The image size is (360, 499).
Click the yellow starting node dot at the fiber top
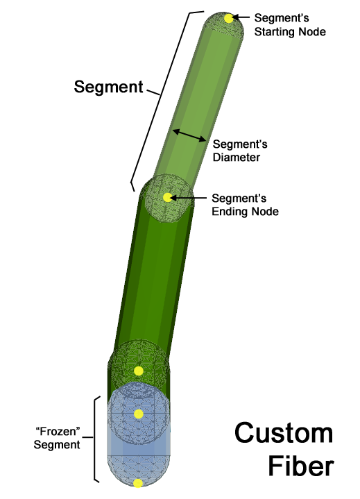229,18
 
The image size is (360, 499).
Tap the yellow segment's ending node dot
167,197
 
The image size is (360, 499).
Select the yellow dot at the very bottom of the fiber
138,484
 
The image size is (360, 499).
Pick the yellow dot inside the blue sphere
138,414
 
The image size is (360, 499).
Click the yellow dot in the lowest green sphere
138,371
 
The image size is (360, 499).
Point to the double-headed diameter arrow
189,135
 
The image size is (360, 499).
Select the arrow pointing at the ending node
188,198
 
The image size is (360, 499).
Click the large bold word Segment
108,87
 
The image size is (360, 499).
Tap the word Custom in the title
284,433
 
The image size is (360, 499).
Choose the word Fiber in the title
301,466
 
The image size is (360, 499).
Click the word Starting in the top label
273,32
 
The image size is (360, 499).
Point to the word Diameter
237,158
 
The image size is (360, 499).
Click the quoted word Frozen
58,432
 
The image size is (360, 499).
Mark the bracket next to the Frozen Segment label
94,439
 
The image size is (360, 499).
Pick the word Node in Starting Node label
311,32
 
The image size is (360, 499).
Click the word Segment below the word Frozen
57,445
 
